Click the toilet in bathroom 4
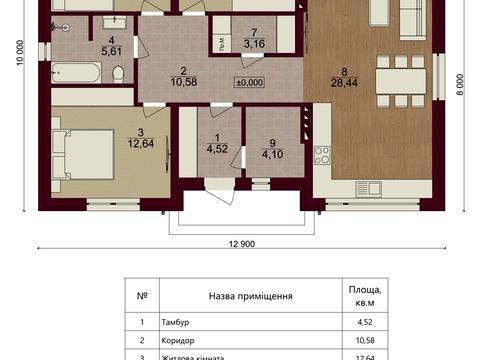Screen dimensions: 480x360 pos(118,74)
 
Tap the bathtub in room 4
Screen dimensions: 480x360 pos(76,72)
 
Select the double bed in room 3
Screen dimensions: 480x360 pos(83,154)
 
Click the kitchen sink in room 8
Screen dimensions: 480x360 pos(368,189)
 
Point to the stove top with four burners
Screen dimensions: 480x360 pos(322,155)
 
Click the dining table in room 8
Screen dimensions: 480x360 pos(401,81)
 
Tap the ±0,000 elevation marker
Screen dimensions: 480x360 pos(249,82)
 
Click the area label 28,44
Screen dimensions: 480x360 pos(344,83)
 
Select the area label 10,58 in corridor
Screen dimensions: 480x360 pos(184,82)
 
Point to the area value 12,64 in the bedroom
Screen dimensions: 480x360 pos(141,144)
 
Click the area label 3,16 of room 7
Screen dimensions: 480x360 pos(254,44)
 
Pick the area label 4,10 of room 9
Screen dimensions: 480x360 pos(273,154)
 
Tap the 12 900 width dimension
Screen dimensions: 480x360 pos(242,244)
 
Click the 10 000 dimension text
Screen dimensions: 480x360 pos(21,53)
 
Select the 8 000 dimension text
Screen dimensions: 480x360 pos(460,85)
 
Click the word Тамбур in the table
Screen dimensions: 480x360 pos(175,322)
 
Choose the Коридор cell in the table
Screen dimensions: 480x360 pos(178,341)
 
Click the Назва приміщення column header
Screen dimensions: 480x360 pos(251,296)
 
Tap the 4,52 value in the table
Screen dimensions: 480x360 pos(365,322)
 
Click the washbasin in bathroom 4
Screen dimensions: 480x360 pos(115,23)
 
